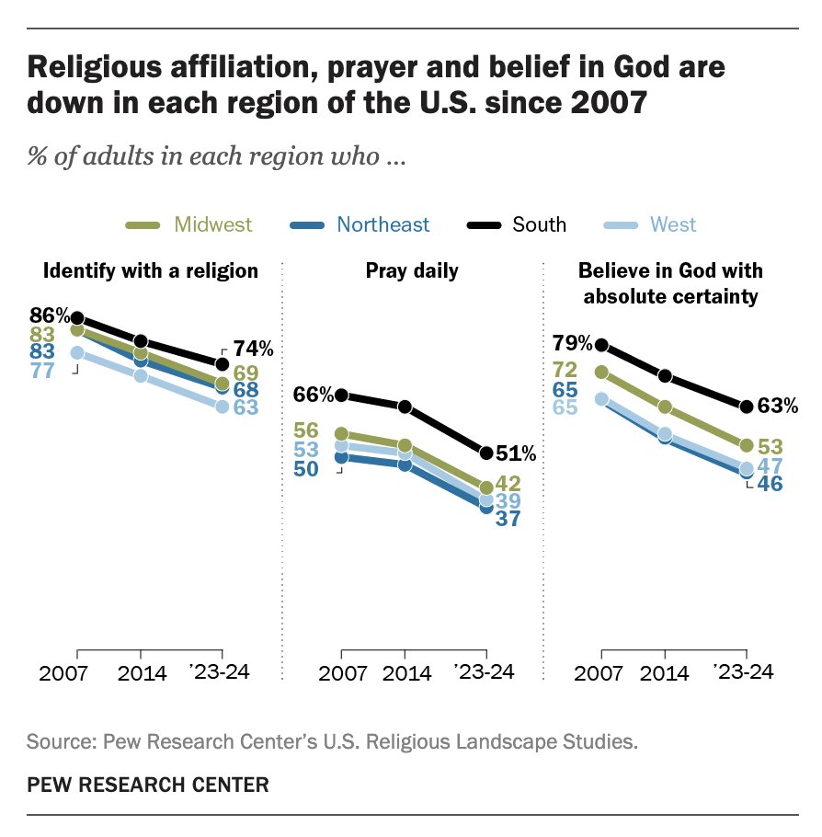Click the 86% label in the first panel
click(48, 314)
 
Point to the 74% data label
click(253, 350)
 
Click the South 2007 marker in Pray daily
click(342, 396)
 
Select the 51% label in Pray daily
click(515, 453)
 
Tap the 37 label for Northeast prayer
click(508, 519)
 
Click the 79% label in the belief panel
click(571, 345)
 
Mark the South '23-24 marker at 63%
click(746, 406)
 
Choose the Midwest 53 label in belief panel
click(771, 446)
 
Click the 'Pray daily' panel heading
click(412, 270)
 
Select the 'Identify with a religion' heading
click(151, 270)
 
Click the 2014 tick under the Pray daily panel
click(405, 672)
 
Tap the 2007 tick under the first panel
click(63, 672)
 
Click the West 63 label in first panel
click(245, 407)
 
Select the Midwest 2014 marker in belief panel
click(666, 407)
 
